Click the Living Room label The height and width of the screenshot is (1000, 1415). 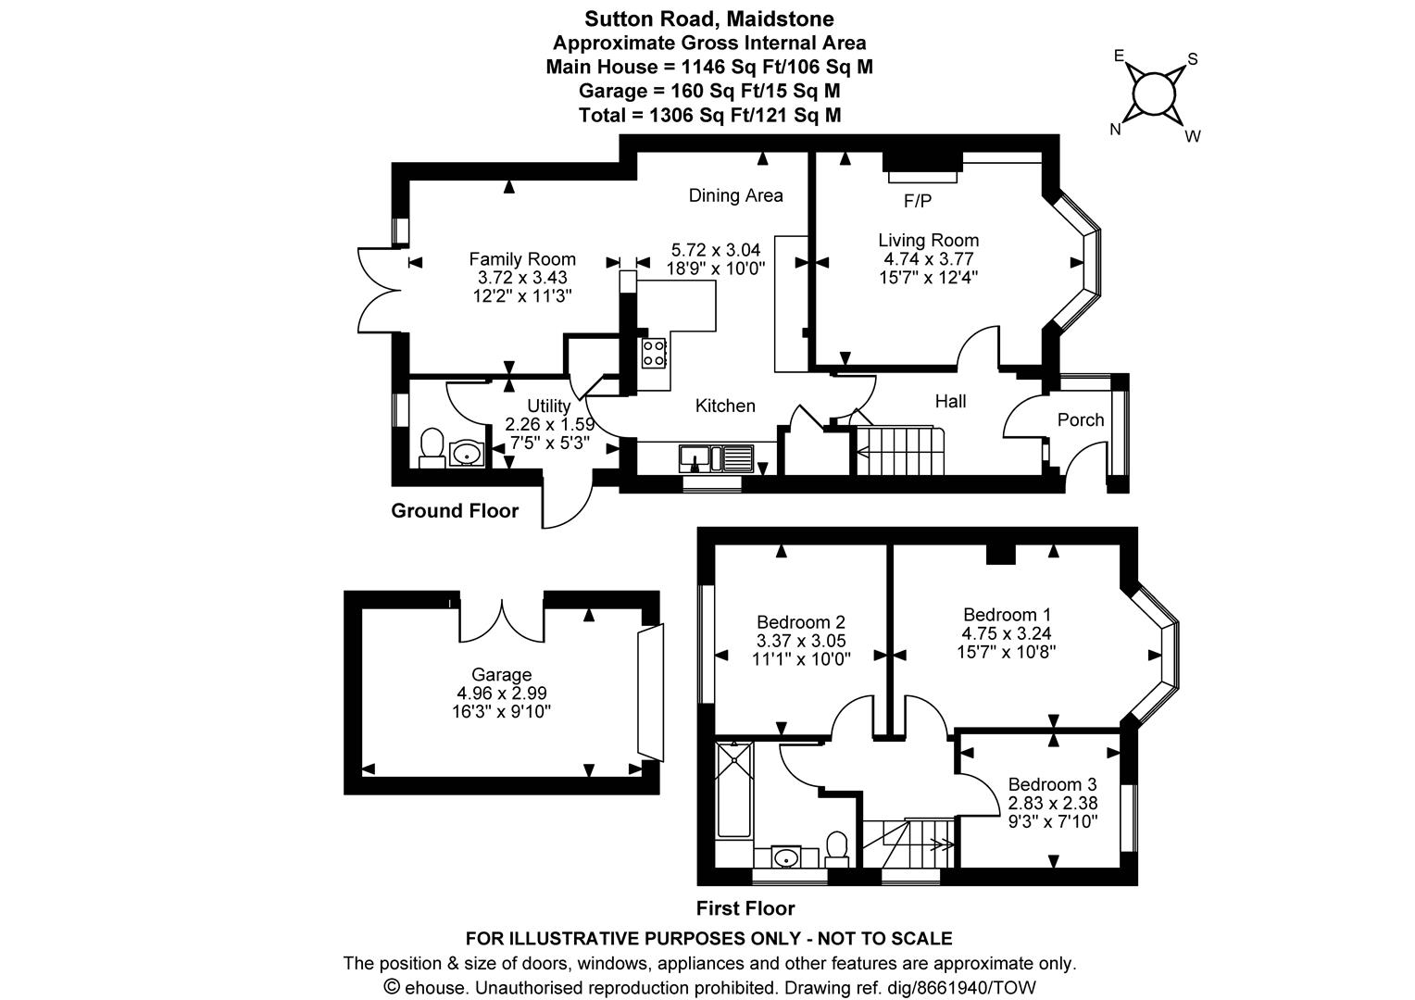(928, 240)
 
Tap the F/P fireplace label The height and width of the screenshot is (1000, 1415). (917, 201)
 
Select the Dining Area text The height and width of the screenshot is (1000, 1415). (735, 195)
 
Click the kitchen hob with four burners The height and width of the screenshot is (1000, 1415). (654, 354)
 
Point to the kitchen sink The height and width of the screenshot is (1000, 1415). (717, 458)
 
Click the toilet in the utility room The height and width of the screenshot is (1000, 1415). (432, 448)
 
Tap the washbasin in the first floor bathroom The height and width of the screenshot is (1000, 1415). (786, 857)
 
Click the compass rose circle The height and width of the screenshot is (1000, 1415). (1154, 94)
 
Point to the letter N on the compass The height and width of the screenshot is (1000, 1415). (1116, 130)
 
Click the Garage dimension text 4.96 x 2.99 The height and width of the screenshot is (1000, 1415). (502, 693)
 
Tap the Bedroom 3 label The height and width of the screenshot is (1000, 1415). (1052, 784)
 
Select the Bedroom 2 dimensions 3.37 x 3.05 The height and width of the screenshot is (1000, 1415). (801, 641)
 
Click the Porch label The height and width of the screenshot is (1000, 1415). (1081, 420)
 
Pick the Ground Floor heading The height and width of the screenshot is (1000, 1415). (455, 510)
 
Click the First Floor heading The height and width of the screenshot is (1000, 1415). (745, 908)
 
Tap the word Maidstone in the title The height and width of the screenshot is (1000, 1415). (780, 19)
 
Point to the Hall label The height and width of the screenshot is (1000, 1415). (951, 401)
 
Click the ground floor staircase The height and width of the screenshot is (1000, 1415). (899, 450)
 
